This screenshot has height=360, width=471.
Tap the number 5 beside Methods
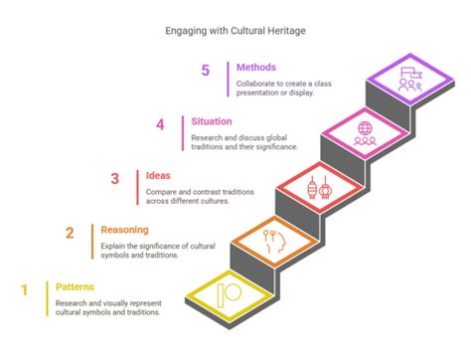[206, 71]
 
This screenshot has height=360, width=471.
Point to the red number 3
[114, 179]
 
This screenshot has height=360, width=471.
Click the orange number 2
[70, 234]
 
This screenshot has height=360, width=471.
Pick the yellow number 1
[23, 288]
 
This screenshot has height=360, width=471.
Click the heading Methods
[256, 67]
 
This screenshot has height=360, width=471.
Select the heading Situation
[214, 121]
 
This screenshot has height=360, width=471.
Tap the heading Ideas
[159, 176]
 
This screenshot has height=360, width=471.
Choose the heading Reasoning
[126, 230]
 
